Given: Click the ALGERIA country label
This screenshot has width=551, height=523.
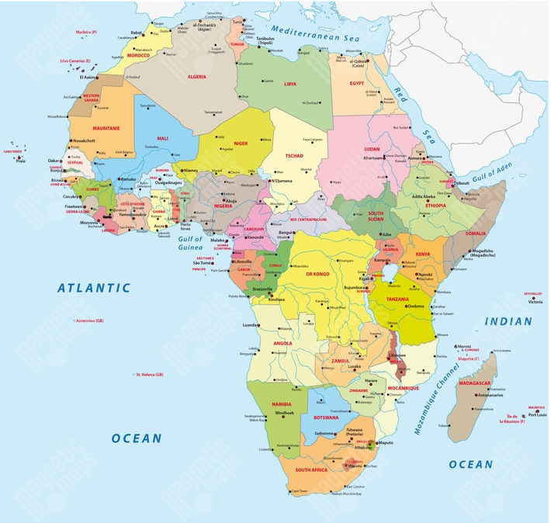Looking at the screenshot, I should pos(197,78).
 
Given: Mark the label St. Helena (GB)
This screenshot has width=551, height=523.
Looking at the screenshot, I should pos(149,375).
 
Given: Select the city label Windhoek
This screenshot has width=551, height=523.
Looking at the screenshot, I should pos(285,412).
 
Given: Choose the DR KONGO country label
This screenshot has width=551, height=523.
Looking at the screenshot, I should pos(318,274).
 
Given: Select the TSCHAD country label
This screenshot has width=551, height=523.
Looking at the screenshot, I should pos(294,156).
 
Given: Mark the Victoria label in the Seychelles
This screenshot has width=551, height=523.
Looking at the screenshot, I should pos(535,301).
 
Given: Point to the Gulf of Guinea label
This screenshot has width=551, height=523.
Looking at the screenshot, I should pos(190,243).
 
